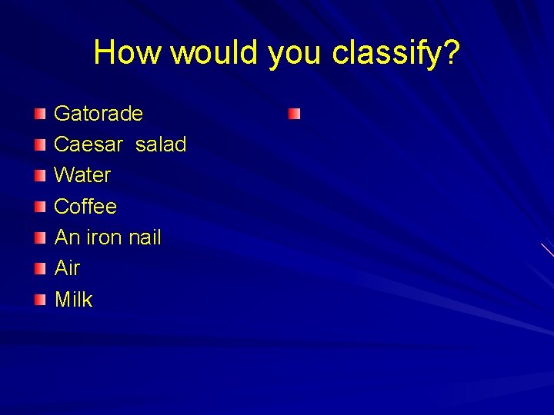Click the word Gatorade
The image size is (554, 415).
98,114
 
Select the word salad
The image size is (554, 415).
161,144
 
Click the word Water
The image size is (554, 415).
82,175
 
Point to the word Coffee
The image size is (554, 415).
85,207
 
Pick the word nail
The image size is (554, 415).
145,237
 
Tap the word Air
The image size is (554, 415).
67,268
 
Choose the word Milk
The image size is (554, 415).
73,299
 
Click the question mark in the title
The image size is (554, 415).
452,52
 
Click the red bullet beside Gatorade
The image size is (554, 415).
40,115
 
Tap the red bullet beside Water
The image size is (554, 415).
40,176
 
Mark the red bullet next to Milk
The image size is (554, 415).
40,300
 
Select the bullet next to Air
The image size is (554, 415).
40,269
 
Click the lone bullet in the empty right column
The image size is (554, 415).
295,115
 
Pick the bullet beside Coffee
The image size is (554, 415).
40,207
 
